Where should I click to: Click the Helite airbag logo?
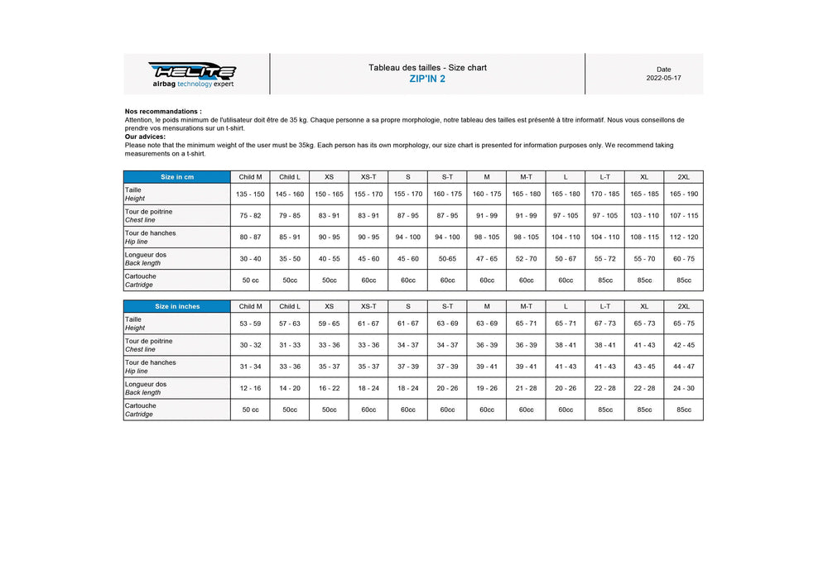pos(193,74)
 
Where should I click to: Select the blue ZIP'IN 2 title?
pos(427,79)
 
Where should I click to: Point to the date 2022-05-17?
pos(664,79)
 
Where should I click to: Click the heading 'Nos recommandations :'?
pos(163,111)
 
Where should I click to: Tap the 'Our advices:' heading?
pos(146,137)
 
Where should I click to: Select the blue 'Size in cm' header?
pos(177,177)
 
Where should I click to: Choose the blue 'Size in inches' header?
pos(177,306)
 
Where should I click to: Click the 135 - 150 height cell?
pos(250,194)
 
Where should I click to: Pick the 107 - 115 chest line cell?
pos(683,216)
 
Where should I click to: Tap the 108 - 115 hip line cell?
pos(644,237)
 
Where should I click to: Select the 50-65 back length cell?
pos(447,259)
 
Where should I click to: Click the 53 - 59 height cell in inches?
pos(250,324)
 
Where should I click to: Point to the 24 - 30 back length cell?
pos(683,388)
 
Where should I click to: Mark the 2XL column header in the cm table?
pos(683,177)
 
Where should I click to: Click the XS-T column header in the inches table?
pos(368,306)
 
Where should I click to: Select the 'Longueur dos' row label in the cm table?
pos(146,255)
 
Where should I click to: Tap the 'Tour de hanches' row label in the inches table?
pos(151,362)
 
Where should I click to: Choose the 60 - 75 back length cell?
pos(683,259)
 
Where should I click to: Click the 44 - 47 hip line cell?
pos(683,367)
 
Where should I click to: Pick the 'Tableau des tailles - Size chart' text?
pos(427,67)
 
